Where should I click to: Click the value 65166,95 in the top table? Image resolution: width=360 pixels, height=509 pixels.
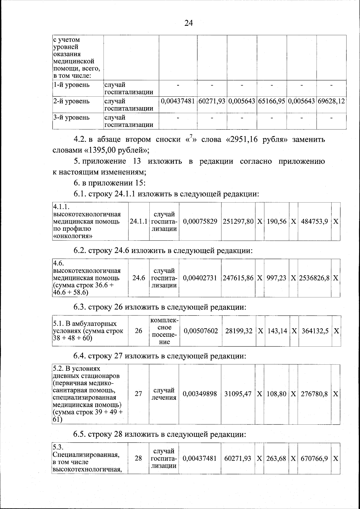(271, 101)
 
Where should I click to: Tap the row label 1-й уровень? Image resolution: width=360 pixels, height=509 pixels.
(71, 85)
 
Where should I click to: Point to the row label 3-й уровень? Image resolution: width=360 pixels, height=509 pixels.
(71, 118)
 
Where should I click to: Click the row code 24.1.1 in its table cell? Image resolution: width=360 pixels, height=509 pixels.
(139, 222)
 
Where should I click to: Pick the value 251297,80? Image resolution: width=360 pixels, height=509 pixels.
(238, 222)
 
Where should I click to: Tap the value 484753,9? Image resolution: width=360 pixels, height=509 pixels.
(314, 222)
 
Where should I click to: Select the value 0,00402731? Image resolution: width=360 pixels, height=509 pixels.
(200, 278)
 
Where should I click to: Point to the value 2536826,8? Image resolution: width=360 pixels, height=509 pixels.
(314, 278)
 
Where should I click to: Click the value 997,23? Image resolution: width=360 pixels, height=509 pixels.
(276, 278)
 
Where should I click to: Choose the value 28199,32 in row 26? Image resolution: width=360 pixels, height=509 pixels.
(239, 331)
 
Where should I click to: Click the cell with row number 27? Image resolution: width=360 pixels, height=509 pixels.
(138, 394)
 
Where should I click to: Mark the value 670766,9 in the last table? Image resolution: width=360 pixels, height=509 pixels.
(314, 459)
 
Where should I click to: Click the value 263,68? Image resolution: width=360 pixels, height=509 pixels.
(276, 459)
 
